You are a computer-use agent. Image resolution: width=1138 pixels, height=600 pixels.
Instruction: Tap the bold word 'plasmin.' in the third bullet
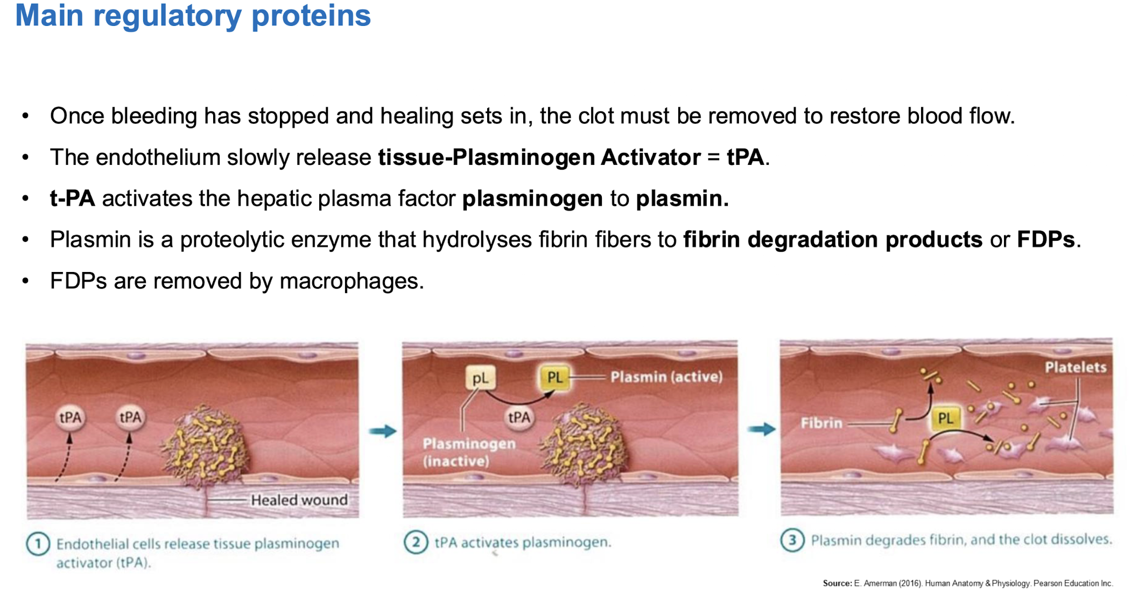point(682,199)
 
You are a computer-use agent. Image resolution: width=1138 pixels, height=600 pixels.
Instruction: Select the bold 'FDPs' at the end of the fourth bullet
point(1045,240)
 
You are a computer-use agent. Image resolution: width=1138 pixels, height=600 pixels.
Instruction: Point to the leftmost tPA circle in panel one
point(71,418)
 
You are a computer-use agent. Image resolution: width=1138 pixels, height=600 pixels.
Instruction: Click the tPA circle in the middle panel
point(519,417)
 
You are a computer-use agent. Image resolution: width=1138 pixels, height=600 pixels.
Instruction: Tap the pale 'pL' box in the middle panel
point(481,379)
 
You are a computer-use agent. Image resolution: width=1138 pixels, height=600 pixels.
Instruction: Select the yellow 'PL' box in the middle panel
point(554,378)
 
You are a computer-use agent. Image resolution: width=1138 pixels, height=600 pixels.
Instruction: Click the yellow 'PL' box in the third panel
point(945,418)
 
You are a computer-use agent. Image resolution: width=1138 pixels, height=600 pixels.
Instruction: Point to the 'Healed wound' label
point(299,500)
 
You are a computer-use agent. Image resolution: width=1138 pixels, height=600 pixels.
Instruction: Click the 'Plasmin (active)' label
point(666,377)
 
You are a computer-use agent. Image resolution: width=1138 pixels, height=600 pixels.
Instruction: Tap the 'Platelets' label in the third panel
point(1076,367)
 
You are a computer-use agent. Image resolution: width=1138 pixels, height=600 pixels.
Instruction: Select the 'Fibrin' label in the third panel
point(821,423)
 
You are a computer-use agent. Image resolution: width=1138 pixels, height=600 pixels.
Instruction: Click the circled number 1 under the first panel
point(38,544)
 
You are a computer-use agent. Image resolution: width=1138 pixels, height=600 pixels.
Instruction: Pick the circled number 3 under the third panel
point(792,540)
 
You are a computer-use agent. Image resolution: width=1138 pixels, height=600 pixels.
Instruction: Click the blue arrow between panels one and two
point(383,431)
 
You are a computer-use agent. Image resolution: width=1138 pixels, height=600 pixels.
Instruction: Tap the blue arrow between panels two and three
point(762,429)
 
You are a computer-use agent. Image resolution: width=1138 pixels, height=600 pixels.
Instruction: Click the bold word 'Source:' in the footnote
point(837,583)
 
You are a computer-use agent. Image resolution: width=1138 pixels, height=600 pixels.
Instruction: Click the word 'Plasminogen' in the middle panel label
point(469,444)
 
